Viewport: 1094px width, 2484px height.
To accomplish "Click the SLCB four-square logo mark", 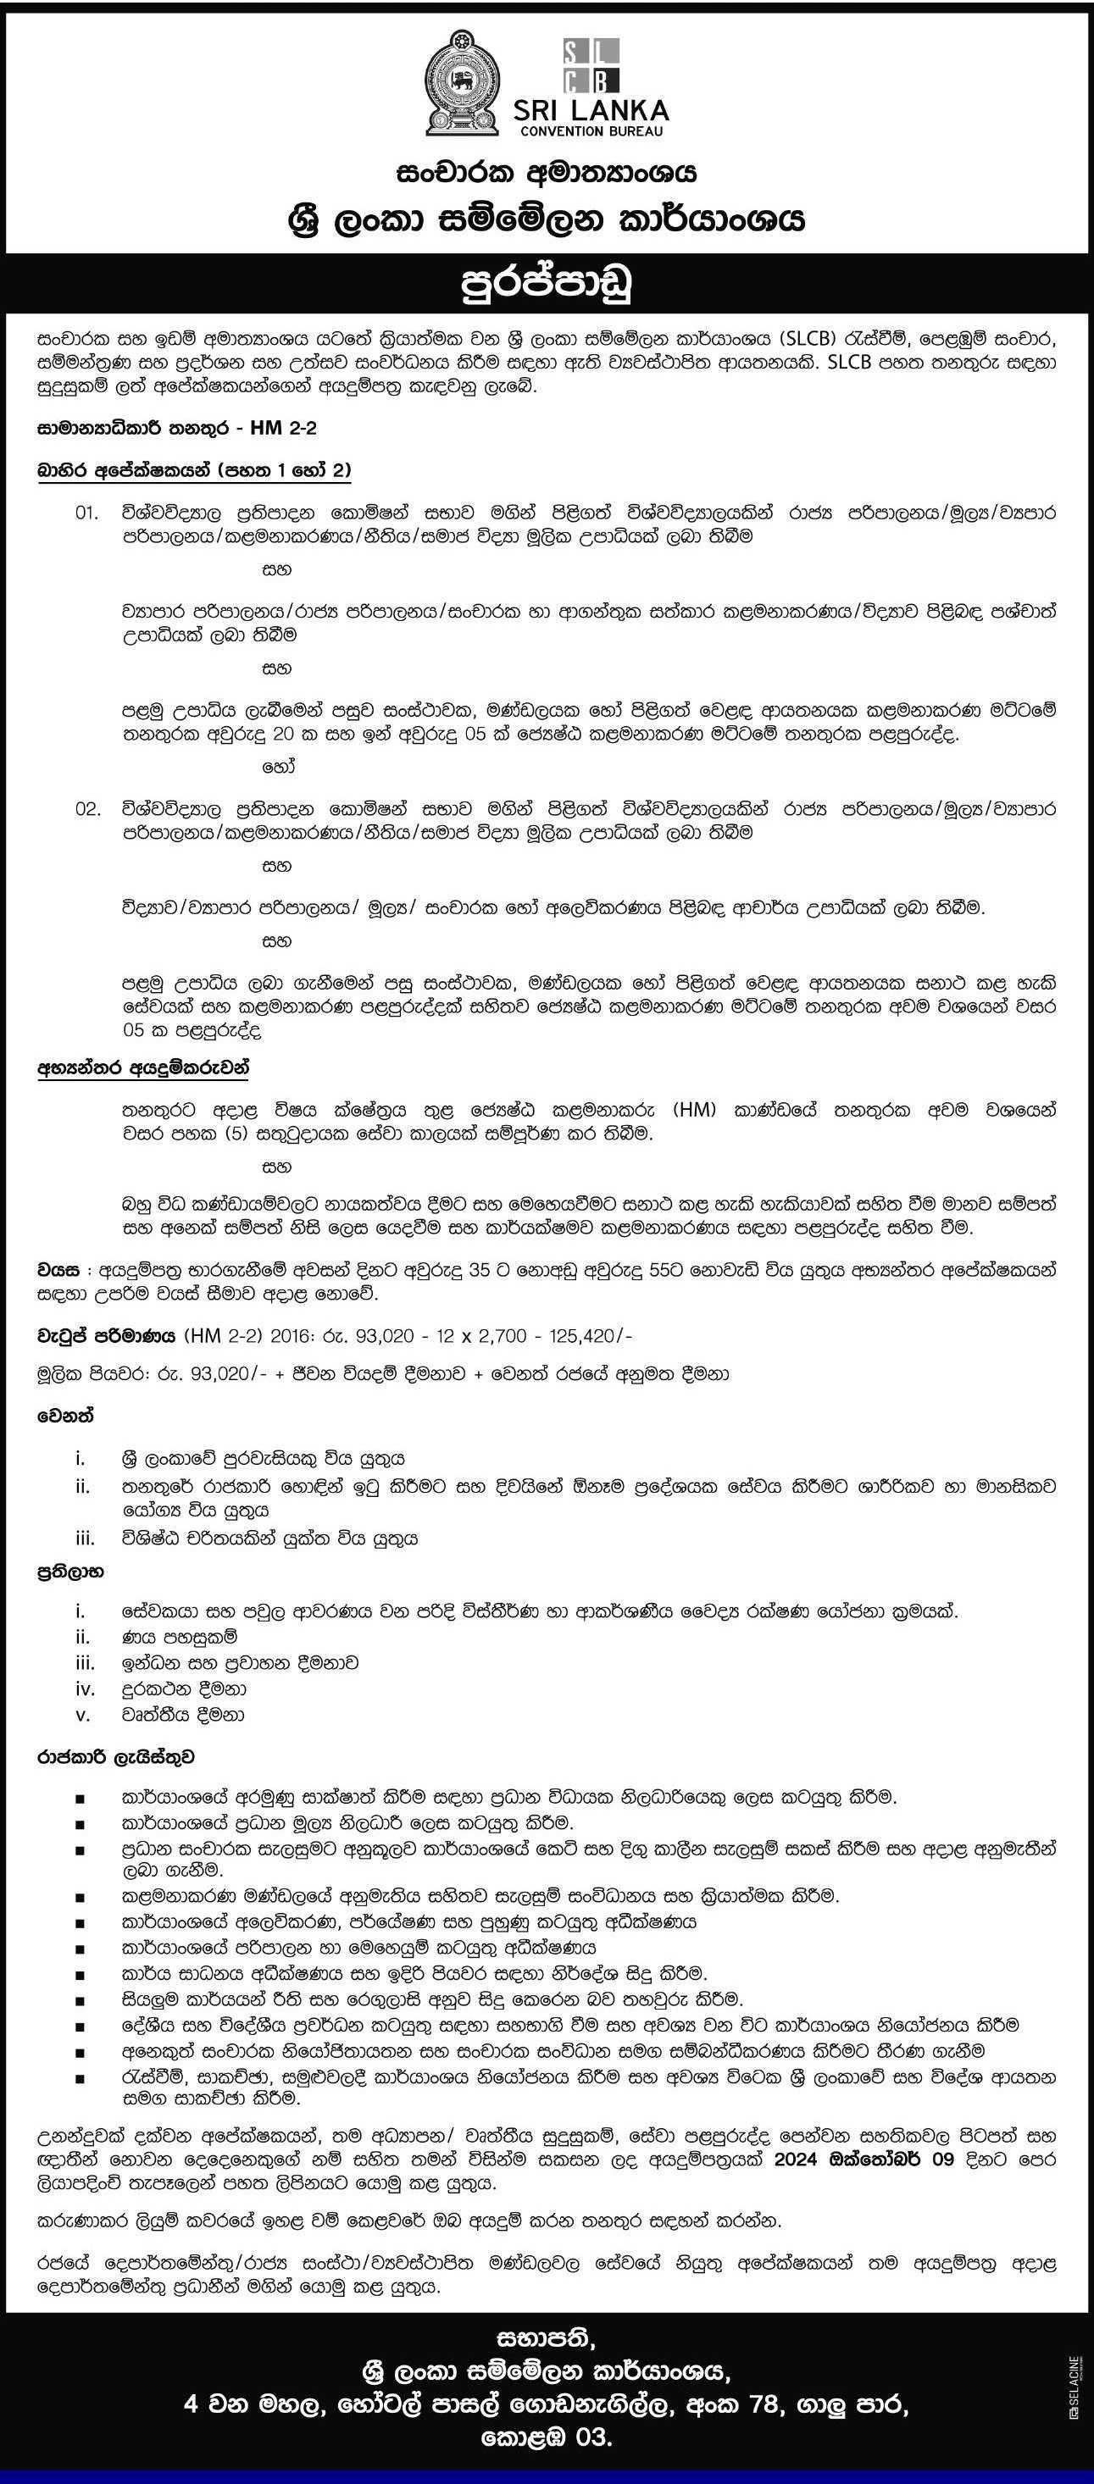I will [591, 65].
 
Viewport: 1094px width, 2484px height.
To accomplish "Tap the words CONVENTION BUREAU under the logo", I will [605, 130].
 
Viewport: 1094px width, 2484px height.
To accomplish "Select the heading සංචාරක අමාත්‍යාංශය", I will [546, 174].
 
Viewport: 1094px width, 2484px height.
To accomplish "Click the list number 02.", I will [88, 808].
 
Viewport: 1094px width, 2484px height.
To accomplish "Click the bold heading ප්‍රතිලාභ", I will [70, 1572].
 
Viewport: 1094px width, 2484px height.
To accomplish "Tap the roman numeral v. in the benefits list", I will [83, 1715].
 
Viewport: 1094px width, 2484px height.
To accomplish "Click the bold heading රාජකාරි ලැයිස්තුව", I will [117, 1757].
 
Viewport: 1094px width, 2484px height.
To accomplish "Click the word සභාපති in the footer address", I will [547, 2337].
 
